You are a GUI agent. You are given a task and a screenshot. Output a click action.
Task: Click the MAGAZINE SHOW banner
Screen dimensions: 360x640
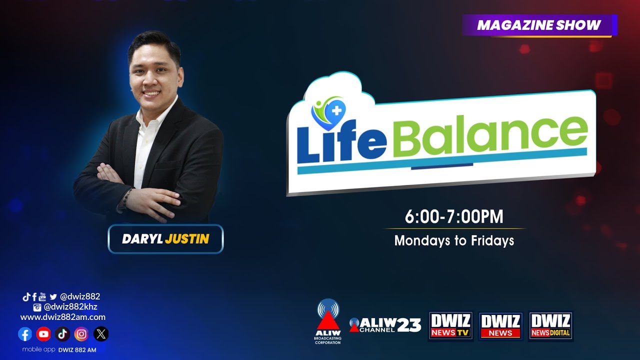click(539, 25)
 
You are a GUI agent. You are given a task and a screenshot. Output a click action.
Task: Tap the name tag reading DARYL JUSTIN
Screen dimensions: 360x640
click(165, 239)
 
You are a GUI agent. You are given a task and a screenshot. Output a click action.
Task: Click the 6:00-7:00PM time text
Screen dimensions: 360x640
click(454, 217)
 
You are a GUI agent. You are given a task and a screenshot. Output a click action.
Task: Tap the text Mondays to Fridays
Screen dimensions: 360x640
click(454, 241)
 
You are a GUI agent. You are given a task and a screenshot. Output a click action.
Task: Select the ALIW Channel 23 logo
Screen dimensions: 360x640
click(385, 325)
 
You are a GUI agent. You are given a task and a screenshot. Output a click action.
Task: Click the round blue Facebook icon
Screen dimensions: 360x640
click(25, 334)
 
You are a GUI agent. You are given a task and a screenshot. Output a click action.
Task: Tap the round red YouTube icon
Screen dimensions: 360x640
click(43, 334)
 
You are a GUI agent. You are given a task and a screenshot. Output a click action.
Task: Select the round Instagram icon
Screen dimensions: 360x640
click(81, 334)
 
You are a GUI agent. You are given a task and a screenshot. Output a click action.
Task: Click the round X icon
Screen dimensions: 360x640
click(101, 334)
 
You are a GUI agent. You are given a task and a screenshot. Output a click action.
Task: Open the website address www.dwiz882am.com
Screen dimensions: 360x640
click(63, 317)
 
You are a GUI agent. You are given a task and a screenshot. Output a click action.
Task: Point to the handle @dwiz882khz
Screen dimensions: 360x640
click(70, 307)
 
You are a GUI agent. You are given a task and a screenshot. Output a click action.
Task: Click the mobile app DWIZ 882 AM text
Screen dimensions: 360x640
click(59, 349)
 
